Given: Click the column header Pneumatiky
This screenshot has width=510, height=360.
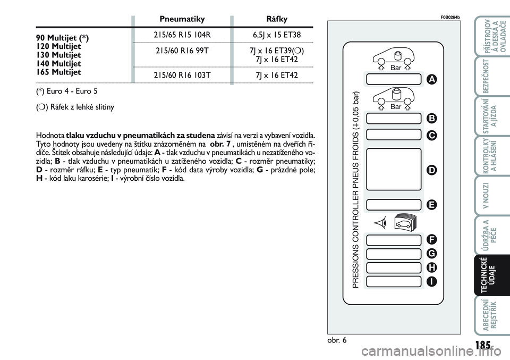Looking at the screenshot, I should coord(182,19).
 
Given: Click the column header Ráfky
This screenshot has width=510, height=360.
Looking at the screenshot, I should coord(276,19).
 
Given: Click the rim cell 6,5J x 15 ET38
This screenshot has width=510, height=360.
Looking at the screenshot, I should coord(276,35).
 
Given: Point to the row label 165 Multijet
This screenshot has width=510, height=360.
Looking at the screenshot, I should coord(58,72).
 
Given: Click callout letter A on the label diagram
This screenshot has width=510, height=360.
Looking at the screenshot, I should coord(431,79).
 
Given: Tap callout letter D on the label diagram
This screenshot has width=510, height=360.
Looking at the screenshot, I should coord(431,170).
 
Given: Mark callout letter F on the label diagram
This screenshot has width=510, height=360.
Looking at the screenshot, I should coord(431,239).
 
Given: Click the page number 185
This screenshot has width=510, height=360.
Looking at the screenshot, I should coord(483,345).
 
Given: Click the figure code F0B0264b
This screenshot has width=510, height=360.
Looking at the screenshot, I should coord(449,16).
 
